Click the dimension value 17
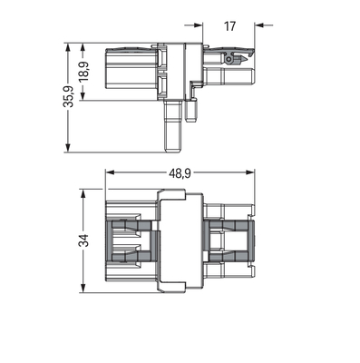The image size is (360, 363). click(x=229, y=26)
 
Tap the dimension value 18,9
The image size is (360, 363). click(x=83, y=72)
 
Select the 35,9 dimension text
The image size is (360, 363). click(x=68, y=96)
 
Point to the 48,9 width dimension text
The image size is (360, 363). click(x=180, y=173)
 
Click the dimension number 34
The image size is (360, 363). click(x=83, y=240)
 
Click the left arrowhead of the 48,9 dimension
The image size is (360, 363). click(x=109, y=172)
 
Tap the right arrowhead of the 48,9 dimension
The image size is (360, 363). click(x=250, y=172)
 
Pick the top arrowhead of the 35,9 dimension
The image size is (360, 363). click(x=68, y=47)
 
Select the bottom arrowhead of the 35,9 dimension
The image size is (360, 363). click(x=68, y=148)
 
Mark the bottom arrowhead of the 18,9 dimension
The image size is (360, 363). click(x=83, y=96)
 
